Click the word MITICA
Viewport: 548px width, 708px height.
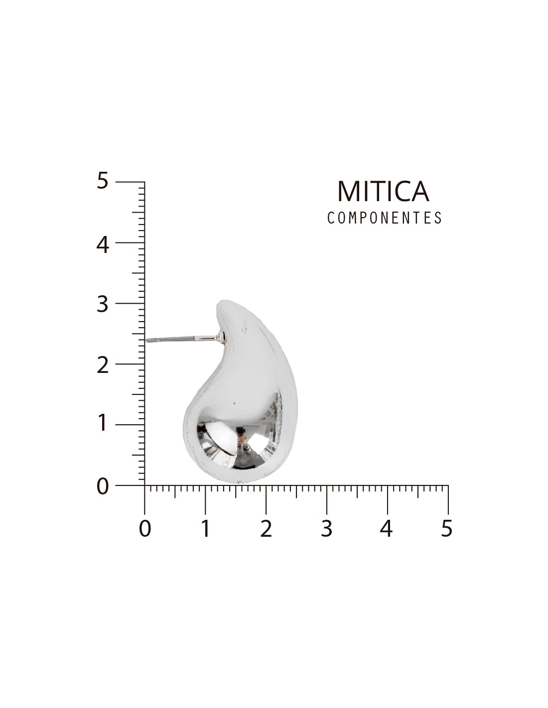(383, 191)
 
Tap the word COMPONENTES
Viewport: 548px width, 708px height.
(385, 218)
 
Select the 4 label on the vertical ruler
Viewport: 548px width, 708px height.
(102, 245)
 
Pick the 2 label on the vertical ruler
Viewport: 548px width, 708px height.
(102, 365)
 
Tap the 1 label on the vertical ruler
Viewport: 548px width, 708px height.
(103, 423)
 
